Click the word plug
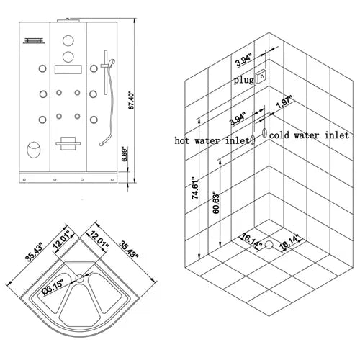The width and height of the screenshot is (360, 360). pyautogui.click(x=243, y=81)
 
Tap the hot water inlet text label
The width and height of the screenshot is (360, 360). pyautogui.click(x=212, y=140)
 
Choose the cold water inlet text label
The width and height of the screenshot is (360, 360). pyautogui.click(x=310, y=135)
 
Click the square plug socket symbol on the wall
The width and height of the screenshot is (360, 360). pyautogui.click(x=263, y=76)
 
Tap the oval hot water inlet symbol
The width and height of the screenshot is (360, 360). pyautogui.click(x=253, y=140)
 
